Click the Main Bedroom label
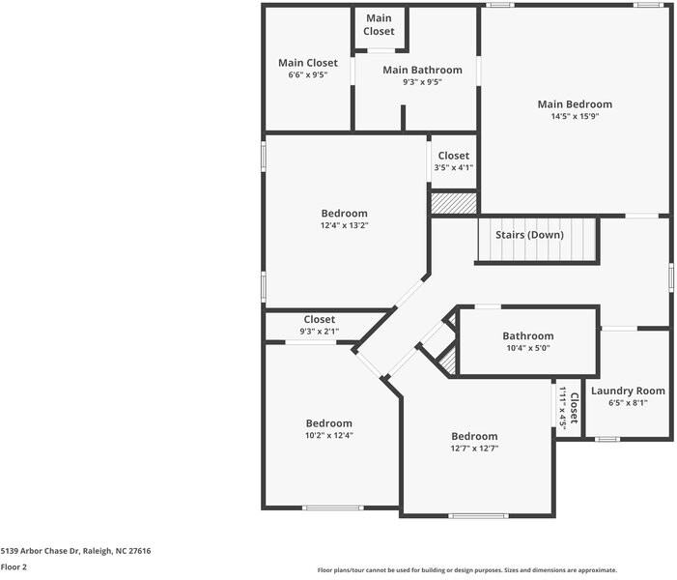(x=575, y=104)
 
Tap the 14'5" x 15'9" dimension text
(x=575, y=117)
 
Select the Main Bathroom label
(x=422, y=70)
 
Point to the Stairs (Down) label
(x=529, y=235)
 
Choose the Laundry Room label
(x=628, y=391)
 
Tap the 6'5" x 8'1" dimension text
(x=628, y=403)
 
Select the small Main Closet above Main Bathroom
(x=379, y=25)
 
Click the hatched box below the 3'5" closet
(x=454, y=203)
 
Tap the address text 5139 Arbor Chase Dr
(x=75, y=550)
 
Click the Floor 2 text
(x=14, y=567)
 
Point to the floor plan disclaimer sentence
(x=466, y=570)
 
